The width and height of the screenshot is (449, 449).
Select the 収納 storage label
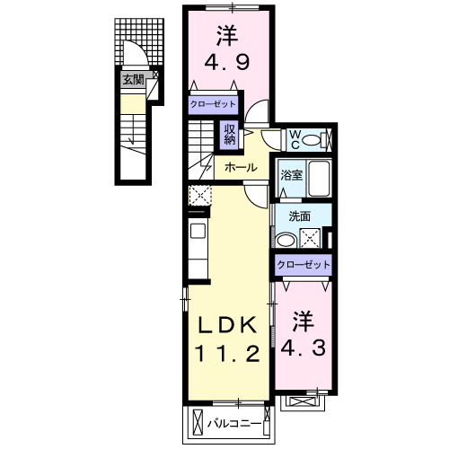pyautogui.click(x=230, y=134)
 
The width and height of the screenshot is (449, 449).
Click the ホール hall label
pyautogui.click(x=241, y=167)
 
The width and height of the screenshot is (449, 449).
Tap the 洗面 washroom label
pyautogui.click(x=299, y=216)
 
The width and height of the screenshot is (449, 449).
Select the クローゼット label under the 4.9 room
pyautogui.click(x=213, y=103)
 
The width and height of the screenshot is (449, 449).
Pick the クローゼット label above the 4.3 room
pyautogui.click(x=303, y=265)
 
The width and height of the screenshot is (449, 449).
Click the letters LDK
pyautogui.click(x=224, y=324)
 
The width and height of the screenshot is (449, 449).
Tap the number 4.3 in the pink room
pyautogui.click(x=304, y=347)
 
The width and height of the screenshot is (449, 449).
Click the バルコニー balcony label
pyautogui.click(x=235, y=421)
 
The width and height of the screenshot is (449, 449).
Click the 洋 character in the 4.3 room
pyautogui.click(x=304, y=319)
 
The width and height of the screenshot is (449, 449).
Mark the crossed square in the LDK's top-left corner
pyautogui.click(x=200, y=194)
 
